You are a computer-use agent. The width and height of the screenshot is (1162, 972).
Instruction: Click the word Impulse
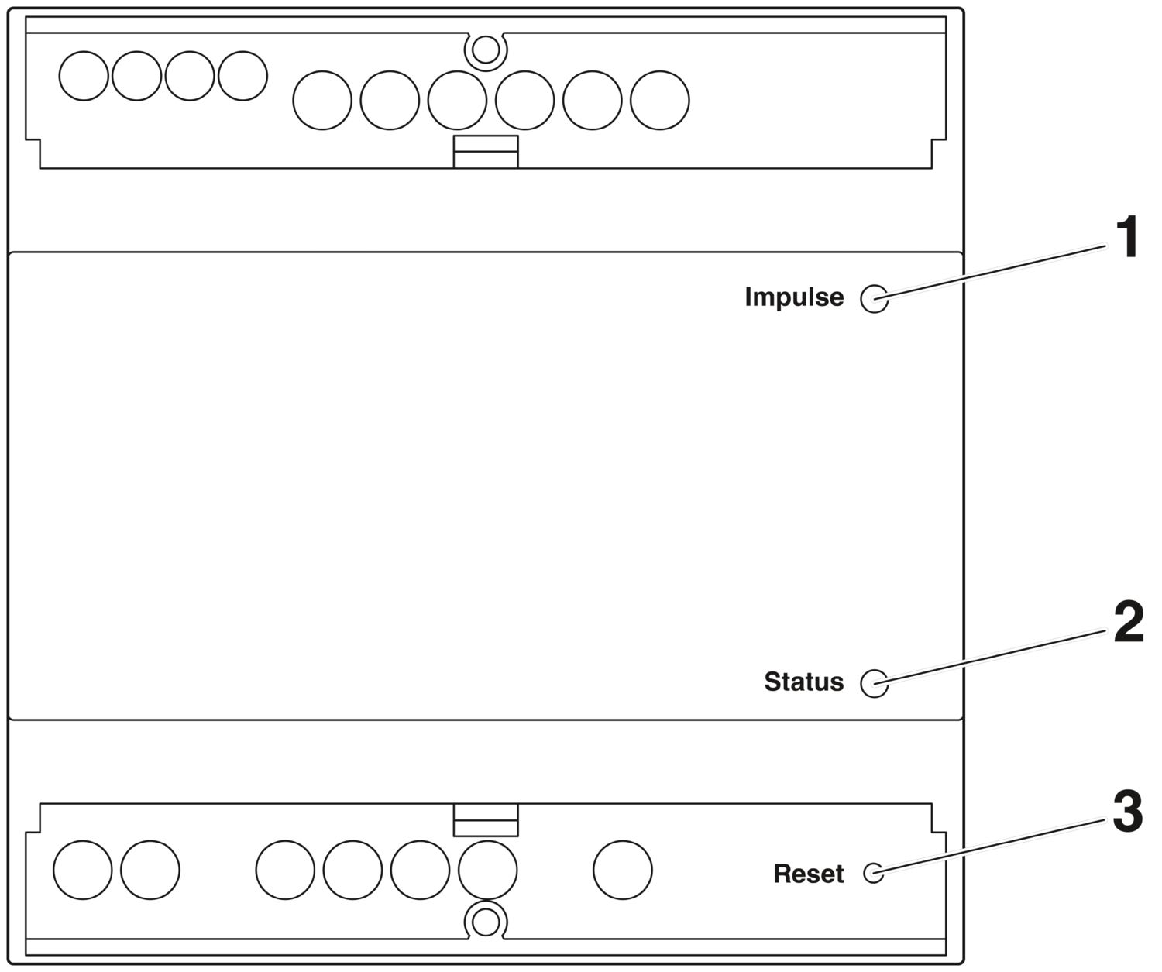(x=794, y=297)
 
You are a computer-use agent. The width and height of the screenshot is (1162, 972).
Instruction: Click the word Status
(x=803, y=682)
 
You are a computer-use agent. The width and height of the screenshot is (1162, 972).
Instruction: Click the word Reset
(x=809, y=874)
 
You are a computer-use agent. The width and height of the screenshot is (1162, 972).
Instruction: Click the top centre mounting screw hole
(x=486, y=50)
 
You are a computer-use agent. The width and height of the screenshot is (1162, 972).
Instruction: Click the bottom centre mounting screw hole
(x=486, y=922)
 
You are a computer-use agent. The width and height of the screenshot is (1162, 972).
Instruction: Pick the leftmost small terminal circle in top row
(x=84, y=76)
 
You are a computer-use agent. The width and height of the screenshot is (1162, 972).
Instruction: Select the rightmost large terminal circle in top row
(x=660, y=100)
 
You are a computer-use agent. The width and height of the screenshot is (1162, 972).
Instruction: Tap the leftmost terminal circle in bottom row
(x=82, y=870)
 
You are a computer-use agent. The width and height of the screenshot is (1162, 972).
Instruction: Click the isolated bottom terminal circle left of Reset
(x=623, y=870)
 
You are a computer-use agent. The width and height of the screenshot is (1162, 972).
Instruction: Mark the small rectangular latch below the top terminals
(x=486, y=151)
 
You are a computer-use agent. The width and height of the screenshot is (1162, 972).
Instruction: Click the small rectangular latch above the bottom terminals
(x=486, y=819)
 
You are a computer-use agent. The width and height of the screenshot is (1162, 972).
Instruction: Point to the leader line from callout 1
(x=991, y=273)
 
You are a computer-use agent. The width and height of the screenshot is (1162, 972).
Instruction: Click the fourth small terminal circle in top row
(x=242, y=76)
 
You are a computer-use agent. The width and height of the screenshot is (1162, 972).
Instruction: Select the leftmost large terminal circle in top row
(x=322, y=100)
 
